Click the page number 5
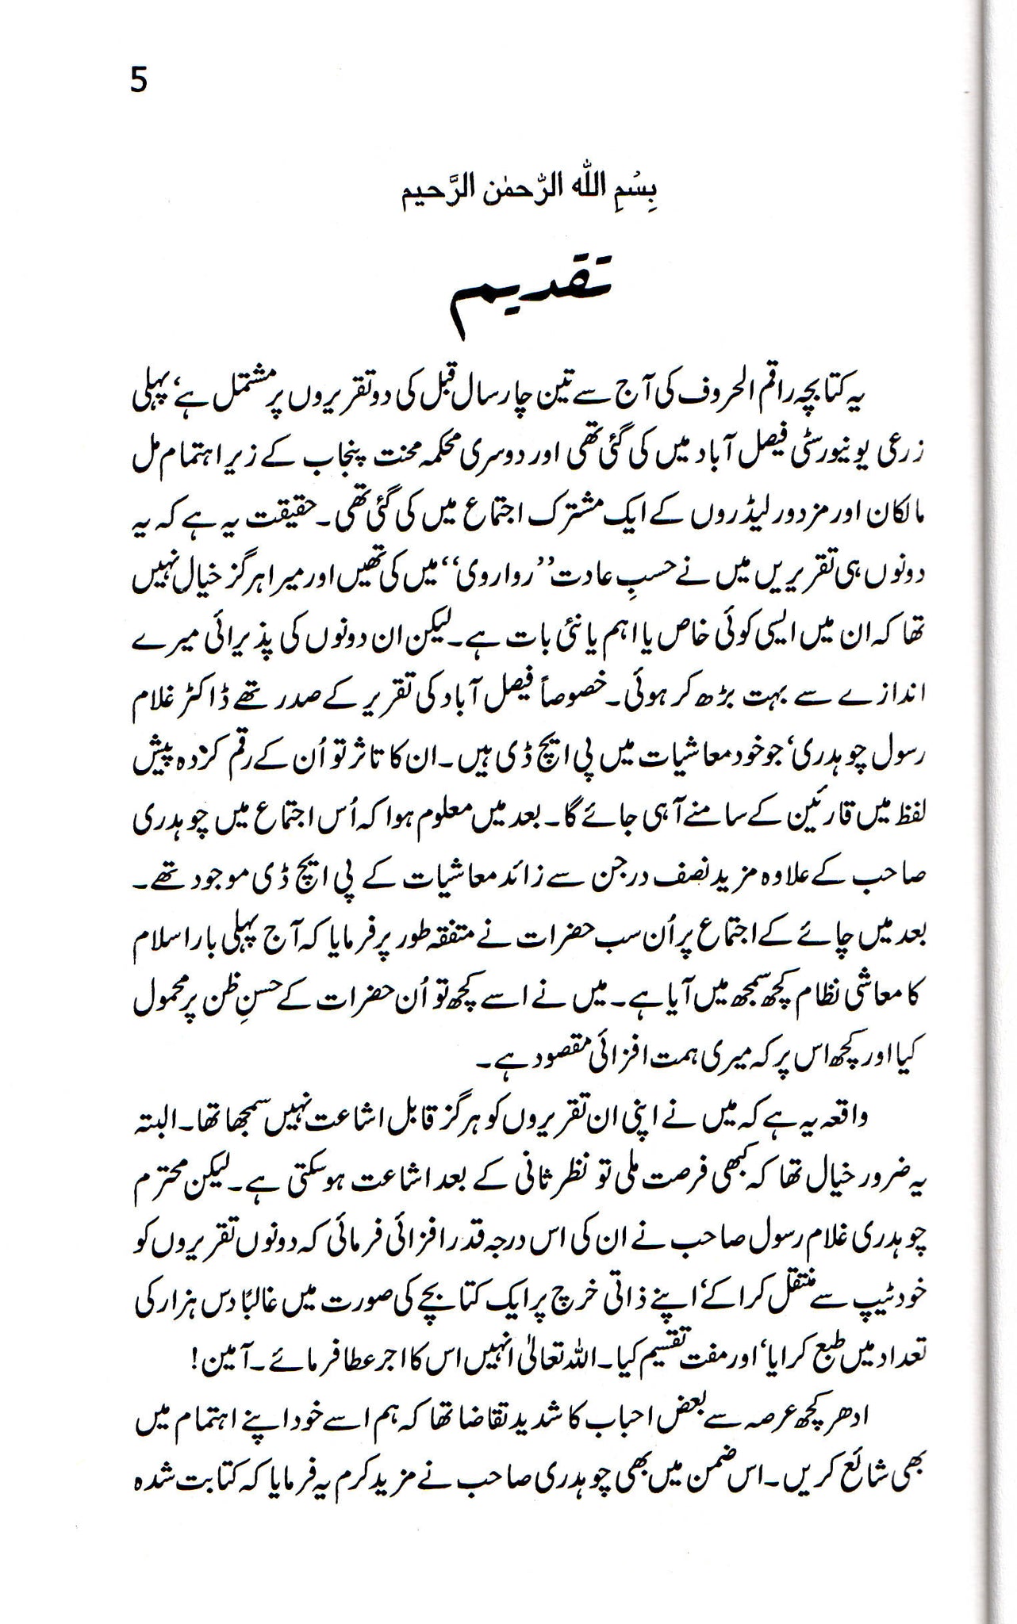138,80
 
